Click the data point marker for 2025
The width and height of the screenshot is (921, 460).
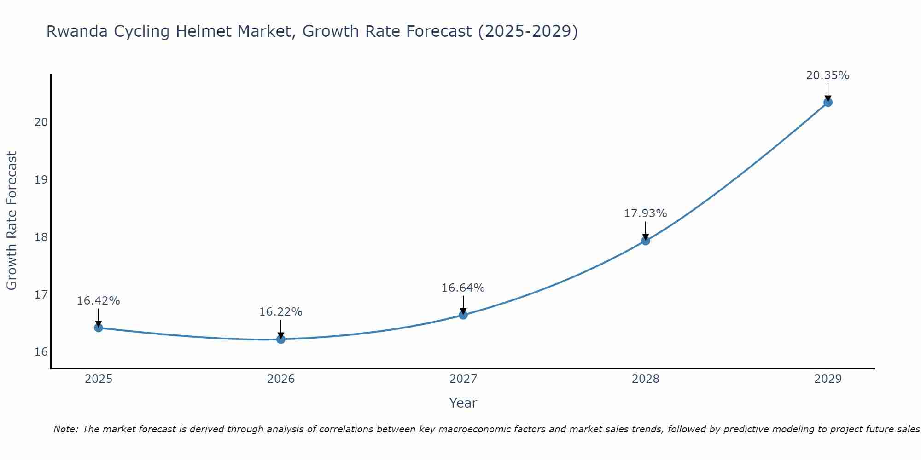pyautogui.click(x=98, y=328)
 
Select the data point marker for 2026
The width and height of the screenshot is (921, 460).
pyautogui.click(x=281, y=339)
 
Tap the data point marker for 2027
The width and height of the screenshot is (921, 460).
pyautogui.click(x=463, y=315)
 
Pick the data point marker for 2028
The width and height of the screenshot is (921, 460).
pyautogui.click(x=646, y=241)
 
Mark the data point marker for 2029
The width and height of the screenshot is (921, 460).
pyautogui.click(x=828, y=102)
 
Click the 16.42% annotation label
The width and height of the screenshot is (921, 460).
pyautogui.click(x=98, y=301)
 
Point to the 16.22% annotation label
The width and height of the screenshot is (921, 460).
pyautogui.click(x=280, y=312)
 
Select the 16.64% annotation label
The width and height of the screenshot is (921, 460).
pyautogui.click(x=463, y=288)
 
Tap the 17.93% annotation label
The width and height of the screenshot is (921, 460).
pyautogui.click(x=645, y=213)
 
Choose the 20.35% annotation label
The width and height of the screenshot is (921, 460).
pyautogui.click(x=828, y=75)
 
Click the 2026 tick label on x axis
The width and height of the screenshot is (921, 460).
pyautogui.click(x=281, y=379)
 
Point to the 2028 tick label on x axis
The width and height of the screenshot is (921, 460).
pyautogui.click(x=646, y=379)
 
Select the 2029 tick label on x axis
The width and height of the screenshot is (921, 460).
pyautogui.click(x=828, y=379)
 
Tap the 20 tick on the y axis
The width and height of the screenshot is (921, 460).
pyautogui.click(x=41, y=122)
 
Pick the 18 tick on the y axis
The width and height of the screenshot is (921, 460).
pyautogui.click(x=41, y=237)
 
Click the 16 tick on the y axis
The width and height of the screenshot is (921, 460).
pyautogui.click(x=41, y=352)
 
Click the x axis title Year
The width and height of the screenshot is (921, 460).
pyautogui.click(x=463, y=403)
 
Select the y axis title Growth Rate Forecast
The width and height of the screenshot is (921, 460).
pyautogui.click(x=12, y=221)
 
